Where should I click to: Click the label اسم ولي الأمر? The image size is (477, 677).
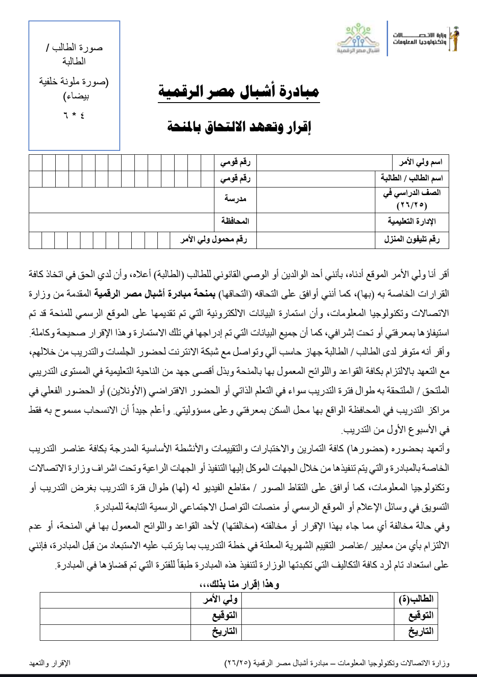pyautogui.click(x=420, y=162)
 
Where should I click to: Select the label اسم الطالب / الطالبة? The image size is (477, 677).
pyautogui.click(x=412, y=178)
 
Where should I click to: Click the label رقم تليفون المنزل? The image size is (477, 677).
pyautogui.click(x=412, y=240)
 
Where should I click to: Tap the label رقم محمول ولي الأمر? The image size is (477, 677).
pyautogui.click(x=214, y=240)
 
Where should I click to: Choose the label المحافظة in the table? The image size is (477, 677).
pyautogui.click(x=235, y=221)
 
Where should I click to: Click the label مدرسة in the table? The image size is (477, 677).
pyautogui.click(x=235, y=199)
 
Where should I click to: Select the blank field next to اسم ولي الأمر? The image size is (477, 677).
pyautogui.click(x=315, y=162)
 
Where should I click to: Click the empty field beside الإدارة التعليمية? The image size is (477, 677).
pyautogui.click(x=315, y=221)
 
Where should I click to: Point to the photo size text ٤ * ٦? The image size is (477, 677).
pyautogui.click(x=74, y=115)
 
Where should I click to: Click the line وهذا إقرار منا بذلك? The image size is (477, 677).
pyautogui.click(x=239, y=584)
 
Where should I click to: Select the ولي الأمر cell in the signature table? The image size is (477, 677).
pyautogui.click(x=220, y=600)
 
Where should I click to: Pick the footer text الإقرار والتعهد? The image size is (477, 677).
pyautogui.click(x=50, y=663)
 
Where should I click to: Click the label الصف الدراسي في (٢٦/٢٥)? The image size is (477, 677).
pyautogui.click(x=412, y=199)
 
